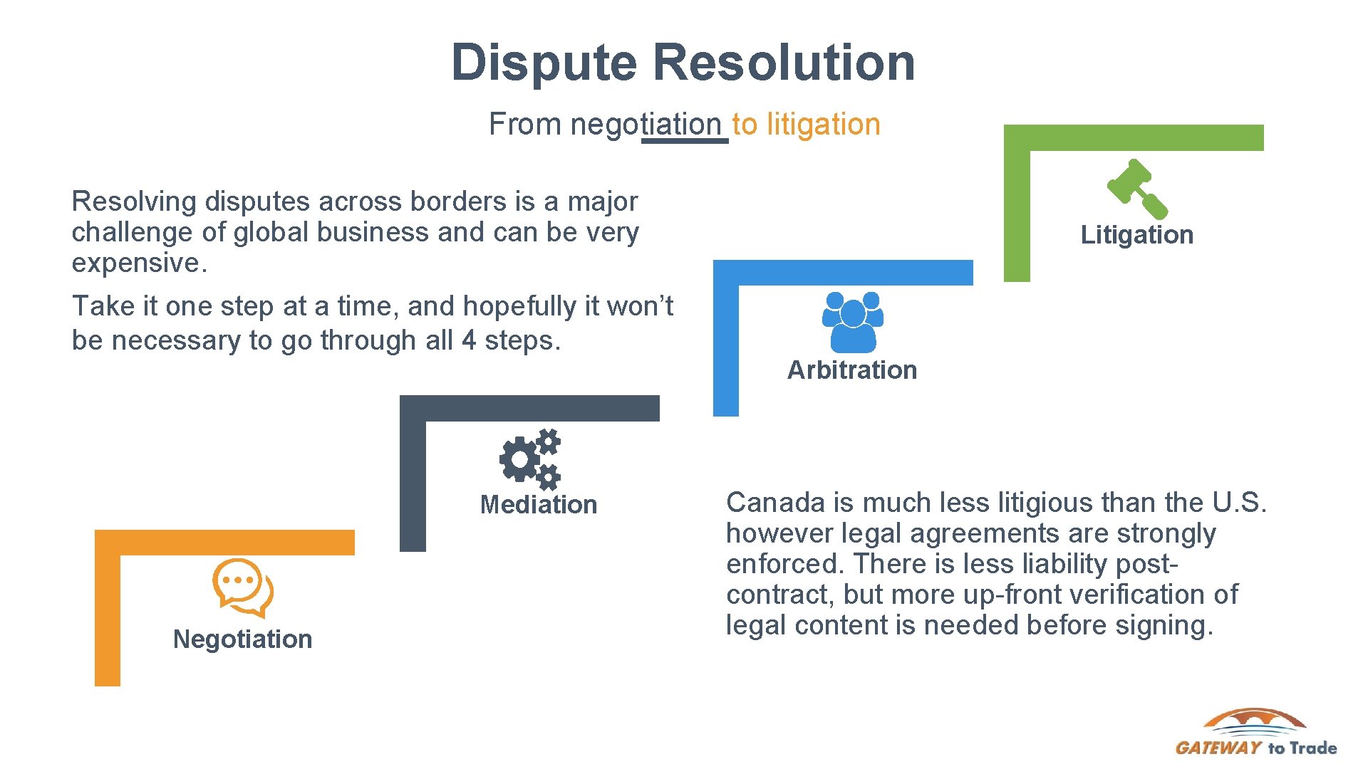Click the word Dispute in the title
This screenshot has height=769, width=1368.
coord(544,63)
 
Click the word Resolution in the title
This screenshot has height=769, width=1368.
coord(784,63)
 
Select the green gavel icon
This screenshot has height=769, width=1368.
coord(1137,189)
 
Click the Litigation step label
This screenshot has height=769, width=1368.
coord(1136,235)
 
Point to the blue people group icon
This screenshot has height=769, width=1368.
coord(853,322)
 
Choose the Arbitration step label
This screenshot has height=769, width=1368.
coord(852,370)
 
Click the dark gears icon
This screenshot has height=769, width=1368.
coord(530,459)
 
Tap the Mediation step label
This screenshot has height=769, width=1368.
coord(539,505)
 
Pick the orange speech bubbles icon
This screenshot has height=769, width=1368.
coord(243,588)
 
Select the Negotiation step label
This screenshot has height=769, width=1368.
coord(242,639)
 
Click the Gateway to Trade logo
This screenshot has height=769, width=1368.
coord(1255,733)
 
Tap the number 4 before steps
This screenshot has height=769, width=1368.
coord(469,340)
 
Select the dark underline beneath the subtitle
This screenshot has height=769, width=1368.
coord(685,141)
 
